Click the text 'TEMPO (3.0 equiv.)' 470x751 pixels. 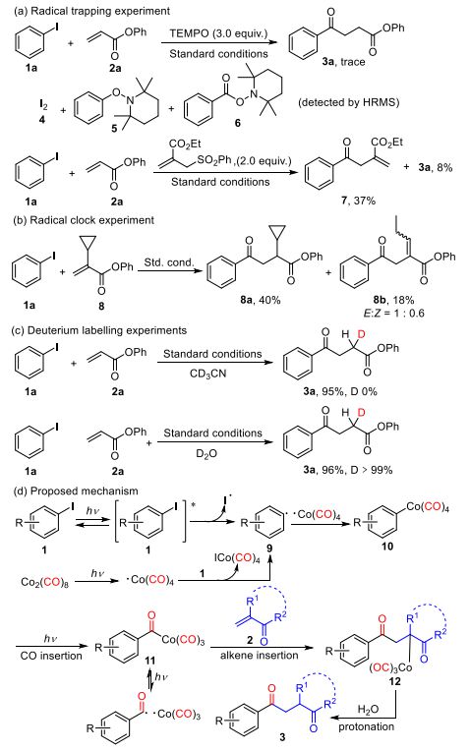tap(218, 34)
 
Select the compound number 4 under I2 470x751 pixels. tap(41, 119)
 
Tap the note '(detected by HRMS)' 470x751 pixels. tap(348, 102)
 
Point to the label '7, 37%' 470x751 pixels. tap(358, 201)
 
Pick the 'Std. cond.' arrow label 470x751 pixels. tap(169, 262)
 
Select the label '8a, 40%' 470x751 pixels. tap(261, 300)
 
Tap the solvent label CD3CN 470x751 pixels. tap(207, 374)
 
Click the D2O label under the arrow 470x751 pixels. tap(206, 453)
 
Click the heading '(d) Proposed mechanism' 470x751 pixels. tap(76, 491)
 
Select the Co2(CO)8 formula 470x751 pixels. tap(44, 582)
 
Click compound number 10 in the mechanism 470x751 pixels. tap(387, 546)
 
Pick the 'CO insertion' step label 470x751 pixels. tap(51, 656)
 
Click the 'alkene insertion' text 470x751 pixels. tap(260, 656)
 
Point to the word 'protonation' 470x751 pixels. tap(367, 726)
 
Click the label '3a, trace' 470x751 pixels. tap(343, 62)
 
